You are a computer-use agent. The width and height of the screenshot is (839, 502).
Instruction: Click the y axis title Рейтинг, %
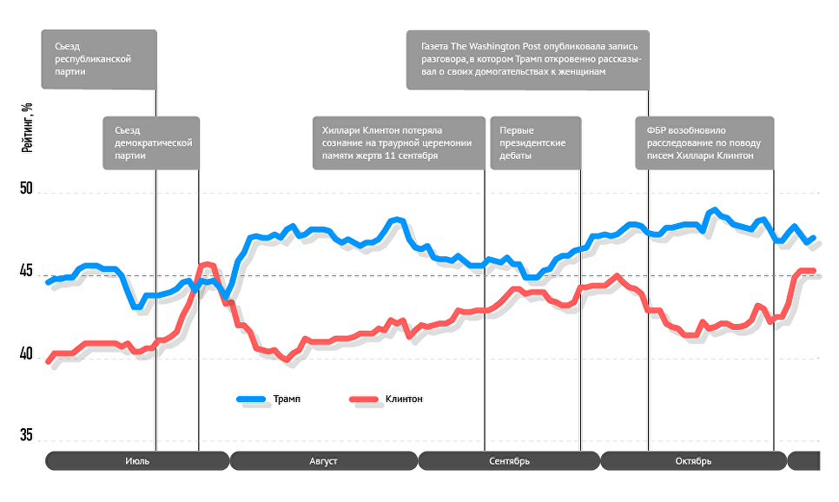[x=27, y=129]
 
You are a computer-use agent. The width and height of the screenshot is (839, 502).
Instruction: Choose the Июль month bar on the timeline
[x=137, y=460]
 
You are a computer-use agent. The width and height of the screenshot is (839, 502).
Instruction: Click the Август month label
[x=323, y=460]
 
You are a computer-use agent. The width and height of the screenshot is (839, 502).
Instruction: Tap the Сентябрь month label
[x=509, y=460]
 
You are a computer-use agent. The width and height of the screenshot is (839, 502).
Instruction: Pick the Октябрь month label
[x=693, y=460]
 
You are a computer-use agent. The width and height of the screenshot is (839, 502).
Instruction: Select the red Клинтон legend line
[x=363, y=400]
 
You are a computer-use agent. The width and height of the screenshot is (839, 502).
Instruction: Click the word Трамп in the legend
[x=287, y=400]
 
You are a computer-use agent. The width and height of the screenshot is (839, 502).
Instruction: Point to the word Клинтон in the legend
[x=404, y=400]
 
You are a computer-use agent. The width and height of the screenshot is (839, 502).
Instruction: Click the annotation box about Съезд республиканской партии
[x=99, y=59]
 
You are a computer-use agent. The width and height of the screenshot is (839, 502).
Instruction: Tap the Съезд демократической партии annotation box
[x=151, y=142]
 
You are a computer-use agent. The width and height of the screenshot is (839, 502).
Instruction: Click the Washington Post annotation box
[x=527, y=59]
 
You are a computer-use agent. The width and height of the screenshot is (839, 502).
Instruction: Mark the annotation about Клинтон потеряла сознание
[x=398, y=142]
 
